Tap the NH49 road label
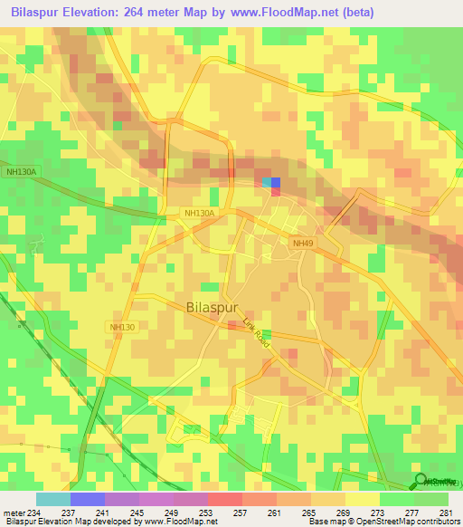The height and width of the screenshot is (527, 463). tap(303, 242)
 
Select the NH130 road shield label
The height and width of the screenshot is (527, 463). tap(121, 326)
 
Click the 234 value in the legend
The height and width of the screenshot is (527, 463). tap(34, 512)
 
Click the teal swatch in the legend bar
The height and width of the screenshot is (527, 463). tap(52, 499)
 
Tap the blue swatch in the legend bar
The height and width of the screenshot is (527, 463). tap(87, 499)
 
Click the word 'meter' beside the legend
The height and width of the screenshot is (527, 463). tap(13, 512)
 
